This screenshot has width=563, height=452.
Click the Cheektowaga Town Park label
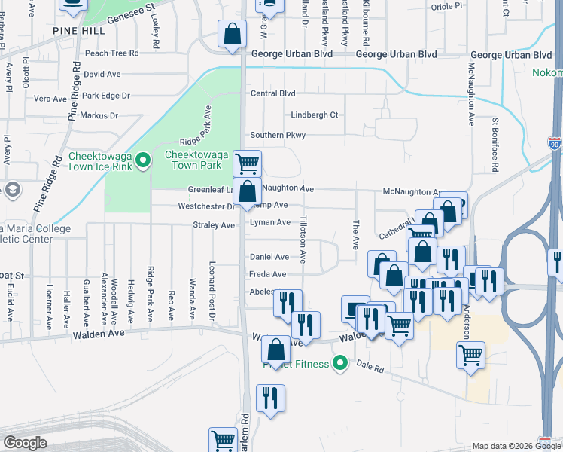point(193,160)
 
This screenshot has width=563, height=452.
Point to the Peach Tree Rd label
point(112,53)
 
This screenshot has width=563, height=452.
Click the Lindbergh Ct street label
point(315,115)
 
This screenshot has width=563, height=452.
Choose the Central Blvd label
point(272,93)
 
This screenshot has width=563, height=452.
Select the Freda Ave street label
point(268,275)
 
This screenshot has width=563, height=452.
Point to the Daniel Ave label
point(269,257)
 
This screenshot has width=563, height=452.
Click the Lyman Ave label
point(269,222)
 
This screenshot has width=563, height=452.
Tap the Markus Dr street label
point(99,115)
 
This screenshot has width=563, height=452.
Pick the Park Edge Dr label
point(106,96)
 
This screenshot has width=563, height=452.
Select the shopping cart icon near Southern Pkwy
point(247,162)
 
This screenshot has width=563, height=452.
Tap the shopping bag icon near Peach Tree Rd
point(233,34)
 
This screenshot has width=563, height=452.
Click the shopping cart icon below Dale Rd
point(470,355)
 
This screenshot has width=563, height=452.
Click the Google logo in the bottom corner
point(25,443)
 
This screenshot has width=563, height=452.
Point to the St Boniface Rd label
point(495,136)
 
